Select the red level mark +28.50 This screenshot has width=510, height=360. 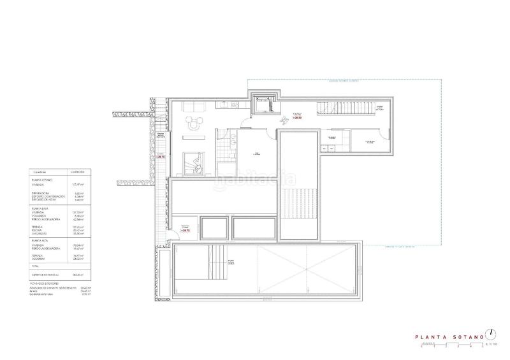click(x=297, y=118)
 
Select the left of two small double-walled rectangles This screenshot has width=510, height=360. click(x=215, y=227)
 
